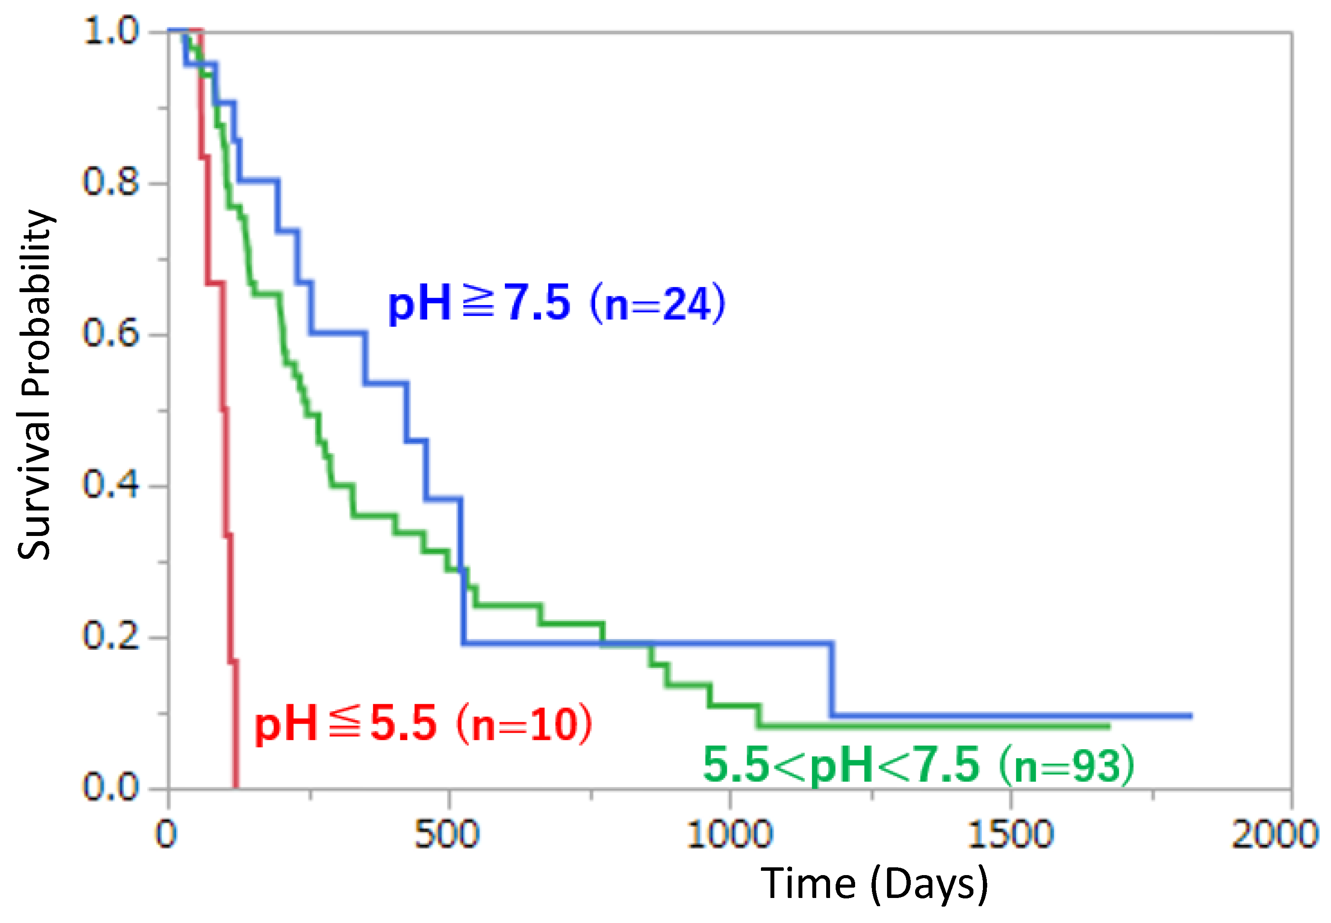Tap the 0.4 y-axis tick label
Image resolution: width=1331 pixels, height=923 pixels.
point(111,485)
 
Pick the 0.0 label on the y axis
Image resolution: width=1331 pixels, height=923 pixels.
point(111,787)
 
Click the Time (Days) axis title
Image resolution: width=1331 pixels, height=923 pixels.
point(874,884)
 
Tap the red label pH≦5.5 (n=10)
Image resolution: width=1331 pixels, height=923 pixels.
point(424,724)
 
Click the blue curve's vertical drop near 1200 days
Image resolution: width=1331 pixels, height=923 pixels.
point(832,680)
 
